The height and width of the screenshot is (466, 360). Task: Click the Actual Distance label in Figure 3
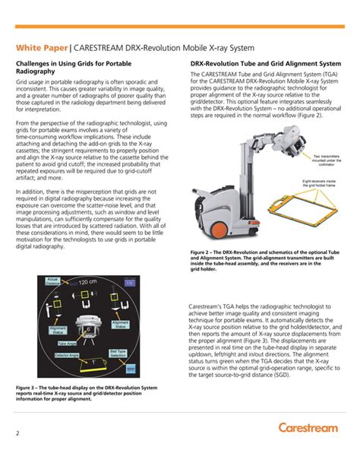(x=52, y=282)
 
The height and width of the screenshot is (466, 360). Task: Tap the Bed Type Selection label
(x=118, y=353)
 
